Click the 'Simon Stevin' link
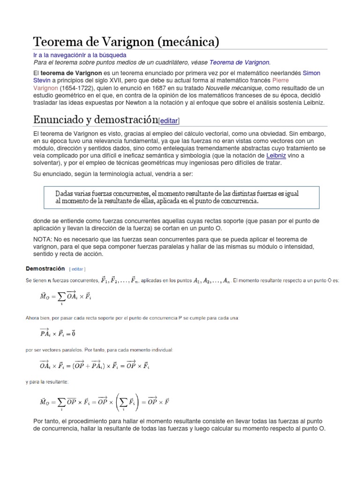tap(312, 74)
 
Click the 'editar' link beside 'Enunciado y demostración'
tap(169, 121)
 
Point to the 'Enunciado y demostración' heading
tap(96, 120)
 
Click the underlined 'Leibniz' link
tap(275, 156)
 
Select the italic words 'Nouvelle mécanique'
tap(232, 88)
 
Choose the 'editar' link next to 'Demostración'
tap(77, 269)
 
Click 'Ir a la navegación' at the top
tap(58, 55)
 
